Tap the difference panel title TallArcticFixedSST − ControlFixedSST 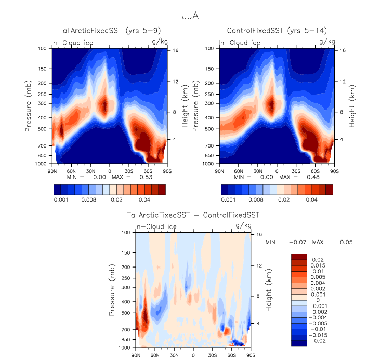(x=193, y=215)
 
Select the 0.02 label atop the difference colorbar (x=317, y=259)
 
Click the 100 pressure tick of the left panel (x=42, y=48)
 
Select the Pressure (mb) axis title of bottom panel (x=113, y=290)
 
